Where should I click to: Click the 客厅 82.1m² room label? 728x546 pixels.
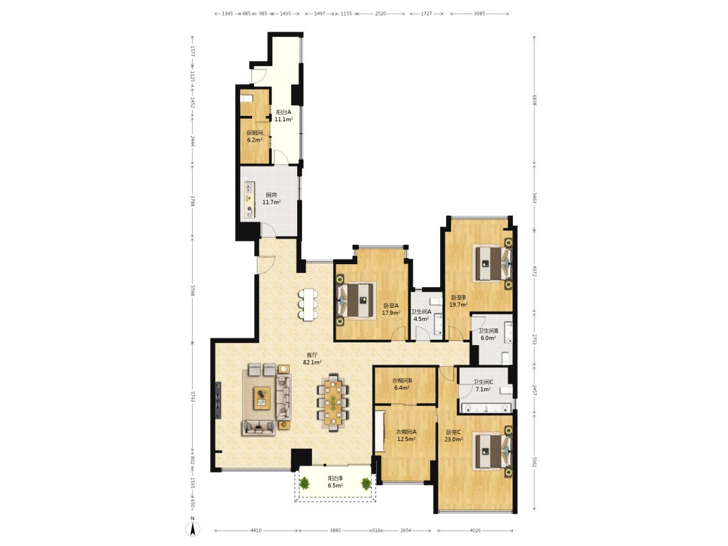tap(312, 358)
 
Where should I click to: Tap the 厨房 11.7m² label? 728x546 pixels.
tap(272, 198)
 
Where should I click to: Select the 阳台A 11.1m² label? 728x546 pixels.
tap(283, 116)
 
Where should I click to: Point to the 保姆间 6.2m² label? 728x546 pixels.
tap(254, 136)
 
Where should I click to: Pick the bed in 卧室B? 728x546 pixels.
tap(493, 264)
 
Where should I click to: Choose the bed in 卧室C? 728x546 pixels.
tap(493, 451)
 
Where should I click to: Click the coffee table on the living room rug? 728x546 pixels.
tap(262, 398)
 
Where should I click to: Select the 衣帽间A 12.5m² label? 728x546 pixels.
tap(406, 435)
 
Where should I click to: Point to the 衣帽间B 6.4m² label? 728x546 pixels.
tap(402, 384)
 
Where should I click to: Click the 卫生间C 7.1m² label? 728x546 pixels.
tap(483, 386)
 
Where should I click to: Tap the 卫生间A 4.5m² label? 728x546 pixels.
tap(421, 315)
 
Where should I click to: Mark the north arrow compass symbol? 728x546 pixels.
tap(193, 526)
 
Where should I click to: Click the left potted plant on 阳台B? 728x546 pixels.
tap(304, 484)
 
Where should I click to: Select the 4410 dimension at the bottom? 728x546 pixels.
tap(256, 530)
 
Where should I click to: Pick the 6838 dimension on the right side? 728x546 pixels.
tap(535, 100)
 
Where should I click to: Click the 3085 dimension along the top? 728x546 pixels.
tap(479, 13)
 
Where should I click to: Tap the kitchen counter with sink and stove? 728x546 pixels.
tap(250, 200)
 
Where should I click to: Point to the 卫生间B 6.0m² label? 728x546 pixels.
tap(489, 334)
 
